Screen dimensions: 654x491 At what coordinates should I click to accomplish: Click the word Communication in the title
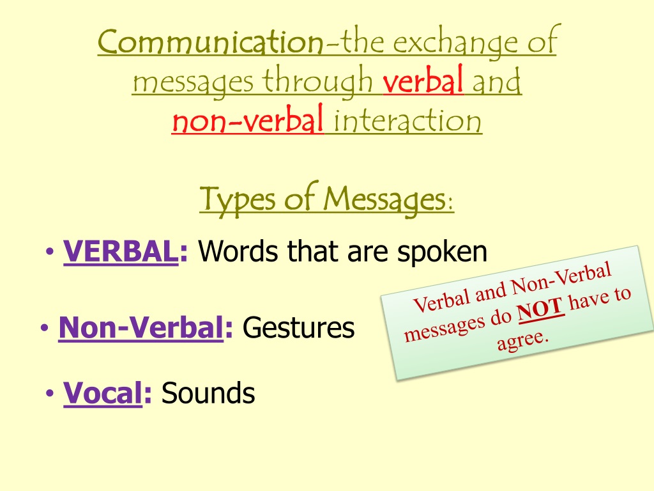click(x=211, y=42)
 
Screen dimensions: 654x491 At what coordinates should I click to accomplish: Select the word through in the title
click(x=317, y=81)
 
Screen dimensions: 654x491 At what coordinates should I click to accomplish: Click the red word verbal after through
click(x=423, y=79)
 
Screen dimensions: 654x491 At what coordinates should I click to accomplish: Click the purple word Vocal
click(x=103, y=393)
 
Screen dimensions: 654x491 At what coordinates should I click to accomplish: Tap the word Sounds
click(x=208, y=393)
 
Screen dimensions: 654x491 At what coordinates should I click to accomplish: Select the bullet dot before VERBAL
click(x=50, y=251)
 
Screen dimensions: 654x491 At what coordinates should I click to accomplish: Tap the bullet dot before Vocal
click(x=50, y=393)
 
